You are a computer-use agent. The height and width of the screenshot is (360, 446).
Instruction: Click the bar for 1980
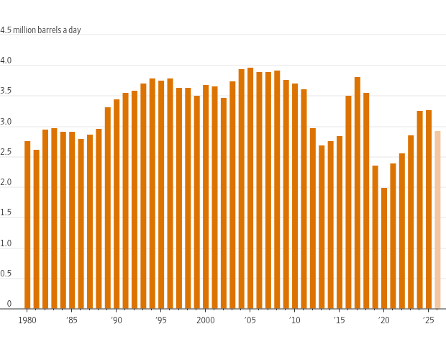coord(27,225)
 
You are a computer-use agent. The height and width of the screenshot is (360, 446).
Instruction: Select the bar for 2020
coord(384,248)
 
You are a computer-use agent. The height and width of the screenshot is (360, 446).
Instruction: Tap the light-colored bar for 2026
coord(437,220)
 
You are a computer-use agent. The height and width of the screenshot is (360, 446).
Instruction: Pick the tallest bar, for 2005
coord(250,188)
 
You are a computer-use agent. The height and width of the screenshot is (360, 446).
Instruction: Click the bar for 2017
coord(358,193)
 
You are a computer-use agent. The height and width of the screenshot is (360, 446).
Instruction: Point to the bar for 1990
coord(117,204)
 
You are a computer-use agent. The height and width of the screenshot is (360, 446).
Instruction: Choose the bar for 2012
coord(313,219)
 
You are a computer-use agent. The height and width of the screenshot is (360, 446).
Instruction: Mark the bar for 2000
coord(206,197)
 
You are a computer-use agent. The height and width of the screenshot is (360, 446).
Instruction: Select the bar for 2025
coord(429,210)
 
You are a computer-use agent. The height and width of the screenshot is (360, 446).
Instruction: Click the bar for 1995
coord(161,194)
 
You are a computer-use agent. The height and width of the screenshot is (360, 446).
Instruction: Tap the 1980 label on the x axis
coord(27,320)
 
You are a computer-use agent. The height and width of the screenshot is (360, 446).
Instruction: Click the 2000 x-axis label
coord(206,320)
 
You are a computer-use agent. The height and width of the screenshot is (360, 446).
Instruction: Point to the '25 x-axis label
coord(429,320)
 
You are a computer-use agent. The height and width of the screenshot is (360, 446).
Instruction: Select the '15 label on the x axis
coord(340,320)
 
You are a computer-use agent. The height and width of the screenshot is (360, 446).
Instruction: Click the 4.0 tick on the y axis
coord(6,60)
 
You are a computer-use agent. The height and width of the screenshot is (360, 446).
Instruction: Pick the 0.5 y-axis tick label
coord(6,274)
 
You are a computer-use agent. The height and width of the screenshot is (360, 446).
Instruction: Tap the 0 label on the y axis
coord(9,304)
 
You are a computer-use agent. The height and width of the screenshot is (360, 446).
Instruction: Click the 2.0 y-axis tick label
coord(6,182)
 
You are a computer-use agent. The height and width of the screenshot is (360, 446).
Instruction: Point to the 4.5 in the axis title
coord(6,30)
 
